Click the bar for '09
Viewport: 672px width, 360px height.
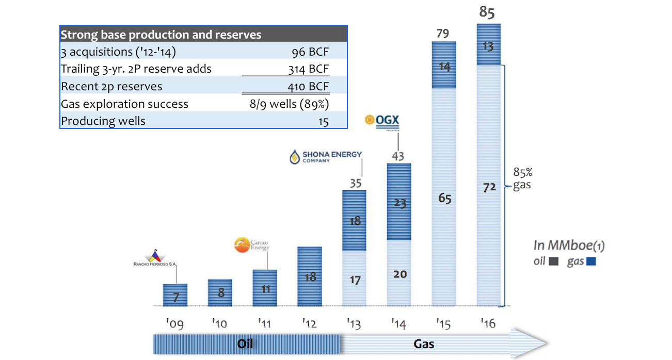[x=175, y=295]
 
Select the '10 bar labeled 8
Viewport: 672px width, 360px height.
[x=221, y=292]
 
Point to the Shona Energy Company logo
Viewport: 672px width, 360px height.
[x=326, y=157]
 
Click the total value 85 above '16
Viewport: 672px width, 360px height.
[x=487, y=12]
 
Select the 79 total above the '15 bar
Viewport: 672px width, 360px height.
[x=443, y=34]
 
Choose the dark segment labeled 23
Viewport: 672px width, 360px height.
[x=399, y=202]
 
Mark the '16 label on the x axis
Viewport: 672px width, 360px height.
[x=488, y=324]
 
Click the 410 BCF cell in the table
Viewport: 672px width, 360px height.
[x=309, y=86]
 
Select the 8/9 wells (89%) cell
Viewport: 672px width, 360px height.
[x=289, y=104]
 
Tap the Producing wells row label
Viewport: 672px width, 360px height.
[x=103, y=121]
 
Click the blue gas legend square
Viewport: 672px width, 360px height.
[x=591, y=261]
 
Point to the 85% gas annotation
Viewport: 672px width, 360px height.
[x=521, y=178]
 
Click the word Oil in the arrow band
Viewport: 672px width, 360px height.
[x=245, y=343]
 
